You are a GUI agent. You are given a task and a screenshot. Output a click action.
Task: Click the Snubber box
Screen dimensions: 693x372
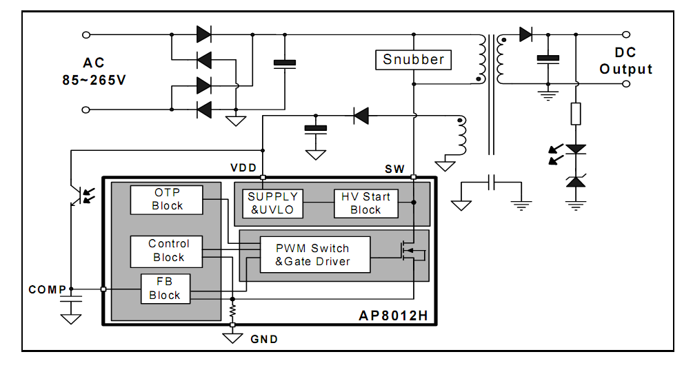(413, 59)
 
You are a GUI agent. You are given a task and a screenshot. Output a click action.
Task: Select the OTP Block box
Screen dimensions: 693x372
(167, 200)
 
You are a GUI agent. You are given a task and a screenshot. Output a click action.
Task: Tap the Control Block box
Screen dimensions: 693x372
(167, 251)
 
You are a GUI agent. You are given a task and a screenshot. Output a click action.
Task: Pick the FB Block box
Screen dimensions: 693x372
(165, 289)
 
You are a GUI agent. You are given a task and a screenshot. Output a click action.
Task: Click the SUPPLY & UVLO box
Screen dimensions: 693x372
(272, 203)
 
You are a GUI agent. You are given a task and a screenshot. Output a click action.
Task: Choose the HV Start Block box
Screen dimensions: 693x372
(366, 203)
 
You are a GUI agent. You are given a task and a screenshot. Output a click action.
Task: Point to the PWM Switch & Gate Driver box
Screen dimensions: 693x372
(315, 255)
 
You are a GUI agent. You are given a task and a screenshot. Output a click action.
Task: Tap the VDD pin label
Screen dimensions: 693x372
(243, 167)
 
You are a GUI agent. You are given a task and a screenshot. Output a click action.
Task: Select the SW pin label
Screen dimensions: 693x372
(394, 169)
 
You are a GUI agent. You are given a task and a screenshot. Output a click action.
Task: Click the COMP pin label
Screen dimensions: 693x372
(48, 289)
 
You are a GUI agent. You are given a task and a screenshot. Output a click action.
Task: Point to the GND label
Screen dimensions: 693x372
(264, 340)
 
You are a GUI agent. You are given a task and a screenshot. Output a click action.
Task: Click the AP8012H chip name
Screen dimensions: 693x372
(393, 316)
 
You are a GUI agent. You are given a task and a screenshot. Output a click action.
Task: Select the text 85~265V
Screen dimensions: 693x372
(94, 81)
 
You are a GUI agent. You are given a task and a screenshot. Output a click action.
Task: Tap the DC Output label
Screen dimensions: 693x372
(626, 61)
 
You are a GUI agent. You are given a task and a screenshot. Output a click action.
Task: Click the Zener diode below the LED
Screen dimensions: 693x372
(576, 181)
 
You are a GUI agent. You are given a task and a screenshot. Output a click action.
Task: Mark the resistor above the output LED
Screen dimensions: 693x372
(576, 114)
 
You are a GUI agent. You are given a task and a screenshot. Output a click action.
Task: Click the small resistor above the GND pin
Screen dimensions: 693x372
(232, 311)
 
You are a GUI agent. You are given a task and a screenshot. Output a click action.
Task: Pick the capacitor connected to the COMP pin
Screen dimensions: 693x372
(71, 299)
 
